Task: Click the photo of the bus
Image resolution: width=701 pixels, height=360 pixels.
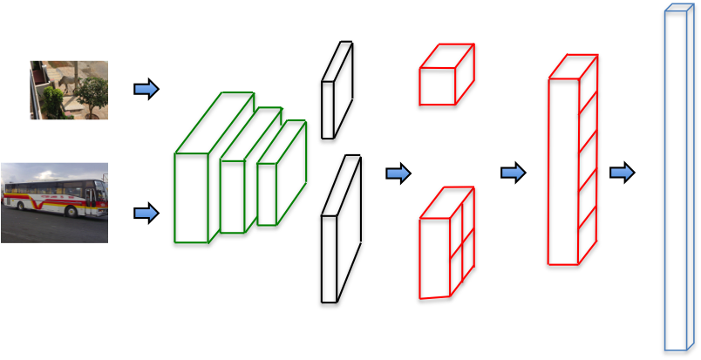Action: coord(54,202)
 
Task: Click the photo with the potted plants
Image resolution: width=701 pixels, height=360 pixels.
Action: coord(69,90)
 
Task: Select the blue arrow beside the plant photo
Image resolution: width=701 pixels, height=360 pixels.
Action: coord(146,89)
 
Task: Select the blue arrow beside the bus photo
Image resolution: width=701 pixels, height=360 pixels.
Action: coord(146,214)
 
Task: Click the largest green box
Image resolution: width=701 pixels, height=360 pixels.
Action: coord(191,198)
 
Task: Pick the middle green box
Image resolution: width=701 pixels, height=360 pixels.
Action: coord(232,196)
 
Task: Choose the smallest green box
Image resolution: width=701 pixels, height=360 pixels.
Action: coord(267,194)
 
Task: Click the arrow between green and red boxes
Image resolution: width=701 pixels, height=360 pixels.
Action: coord(398,173)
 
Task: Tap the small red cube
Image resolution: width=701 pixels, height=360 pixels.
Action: coord(438,86)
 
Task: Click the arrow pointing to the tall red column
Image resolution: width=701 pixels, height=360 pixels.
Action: coord(513,173)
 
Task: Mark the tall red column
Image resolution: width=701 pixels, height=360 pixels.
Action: coord(563,171)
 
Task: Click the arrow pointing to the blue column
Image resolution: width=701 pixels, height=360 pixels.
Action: coord(622,173)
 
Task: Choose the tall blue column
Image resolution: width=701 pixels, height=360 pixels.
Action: coord(675,180)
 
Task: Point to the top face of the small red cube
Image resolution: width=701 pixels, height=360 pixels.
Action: coord(447,56)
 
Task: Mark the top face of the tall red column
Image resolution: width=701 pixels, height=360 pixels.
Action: coord(574,66)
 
